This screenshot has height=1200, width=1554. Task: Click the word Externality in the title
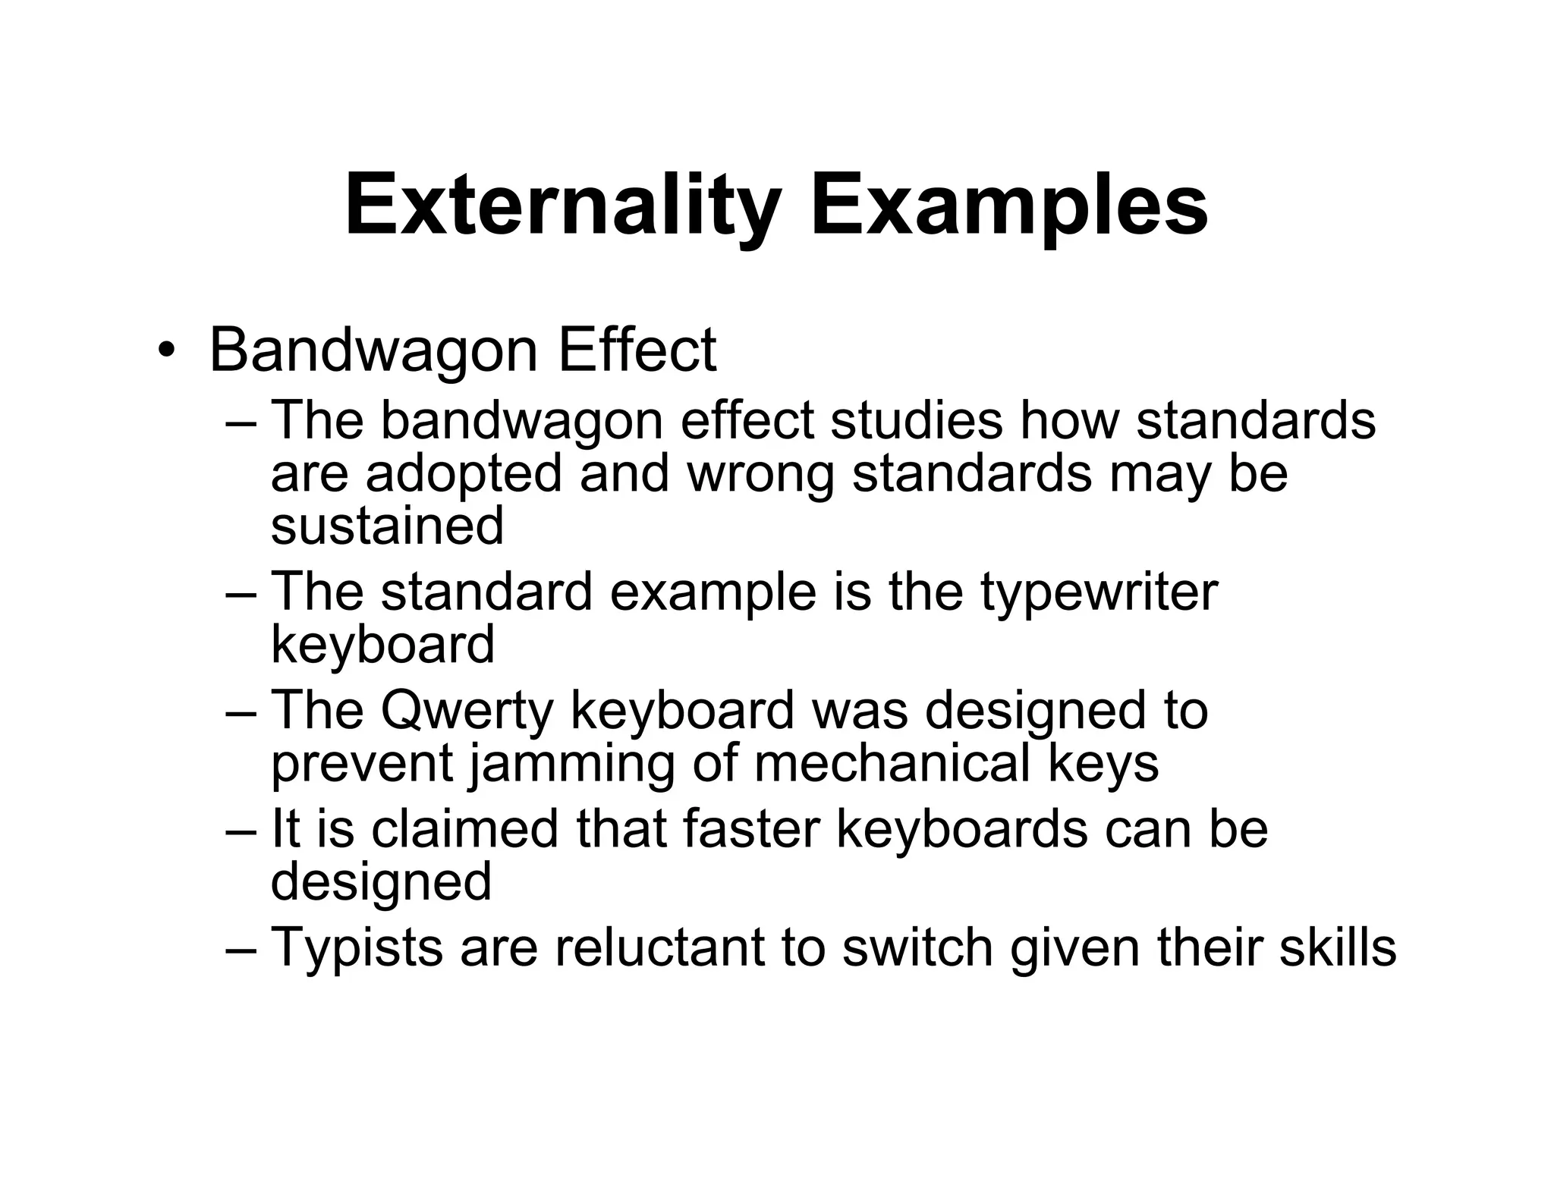(x=562, y=206)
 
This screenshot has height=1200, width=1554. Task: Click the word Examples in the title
(x=1009, y=206)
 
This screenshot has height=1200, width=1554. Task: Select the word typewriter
(x=1098, y=592)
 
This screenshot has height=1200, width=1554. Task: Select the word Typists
(x=357, y=948)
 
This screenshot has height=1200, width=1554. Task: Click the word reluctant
(x=659, y=948)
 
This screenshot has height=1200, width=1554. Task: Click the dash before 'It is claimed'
(x=242, y=830)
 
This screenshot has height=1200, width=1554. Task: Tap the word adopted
(x=464, y=473)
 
